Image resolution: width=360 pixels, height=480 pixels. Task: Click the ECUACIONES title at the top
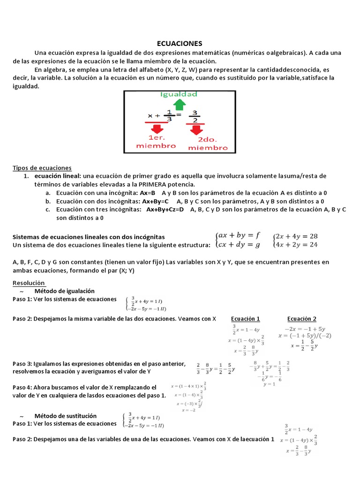coord(180,43)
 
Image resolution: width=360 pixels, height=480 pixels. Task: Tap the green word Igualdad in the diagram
coord(179,94)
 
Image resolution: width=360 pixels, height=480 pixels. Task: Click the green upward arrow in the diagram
coord(179,105)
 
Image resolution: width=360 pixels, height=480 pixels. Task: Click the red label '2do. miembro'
coord(207,143)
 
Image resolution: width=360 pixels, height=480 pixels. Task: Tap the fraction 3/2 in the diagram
coord(195,115)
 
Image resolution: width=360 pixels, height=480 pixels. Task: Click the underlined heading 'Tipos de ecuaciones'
coord(42,167)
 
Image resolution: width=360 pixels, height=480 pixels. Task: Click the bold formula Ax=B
coord(148,193)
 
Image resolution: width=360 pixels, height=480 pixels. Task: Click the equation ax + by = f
coord(239,235)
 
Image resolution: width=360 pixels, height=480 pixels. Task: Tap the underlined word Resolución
coord(29,283)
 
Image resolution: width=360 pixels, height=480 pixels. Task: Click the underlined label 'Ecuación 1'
coord(246,319)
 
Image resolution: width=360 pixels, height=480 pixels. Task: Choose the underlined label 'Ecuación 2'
coord(301,319)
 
